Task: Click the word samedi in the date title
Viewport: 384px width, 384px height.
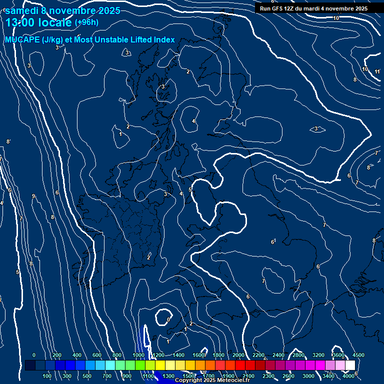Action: point(22,10)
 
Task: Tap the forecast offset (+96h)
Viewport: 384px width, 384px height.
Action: point(86,22)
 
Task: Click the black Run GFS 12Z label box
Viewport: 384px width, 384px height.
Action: point(313,8)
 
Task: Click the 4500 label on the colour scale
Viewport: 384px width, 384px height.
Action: point(358,355)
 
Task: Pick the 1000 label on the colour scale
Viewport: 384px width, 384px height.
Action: point(138,355)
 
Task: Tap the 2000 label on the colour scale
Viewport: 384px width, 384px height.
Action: point(238,355)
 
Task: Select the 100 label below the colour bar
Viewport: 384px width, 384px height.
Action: point(47,375)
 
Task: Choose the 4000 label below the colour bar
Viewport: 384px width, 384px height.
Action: point(348,375)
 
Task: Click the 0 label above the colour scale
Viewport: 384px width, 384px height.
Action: point(34,355)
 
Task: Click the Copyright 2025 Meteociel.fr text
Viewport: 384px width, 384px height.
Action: point(212,380)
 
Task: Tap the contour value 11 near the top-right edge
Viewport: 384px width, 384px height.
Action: point(377,71)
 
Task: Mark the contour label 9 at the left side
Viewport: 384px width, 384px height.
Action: point(33,196)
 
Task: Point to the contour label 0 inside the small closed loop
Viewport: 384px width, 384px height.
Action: point(168,319)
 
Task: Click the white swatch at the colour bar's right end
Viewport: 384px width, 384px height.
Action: point(350,365)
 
